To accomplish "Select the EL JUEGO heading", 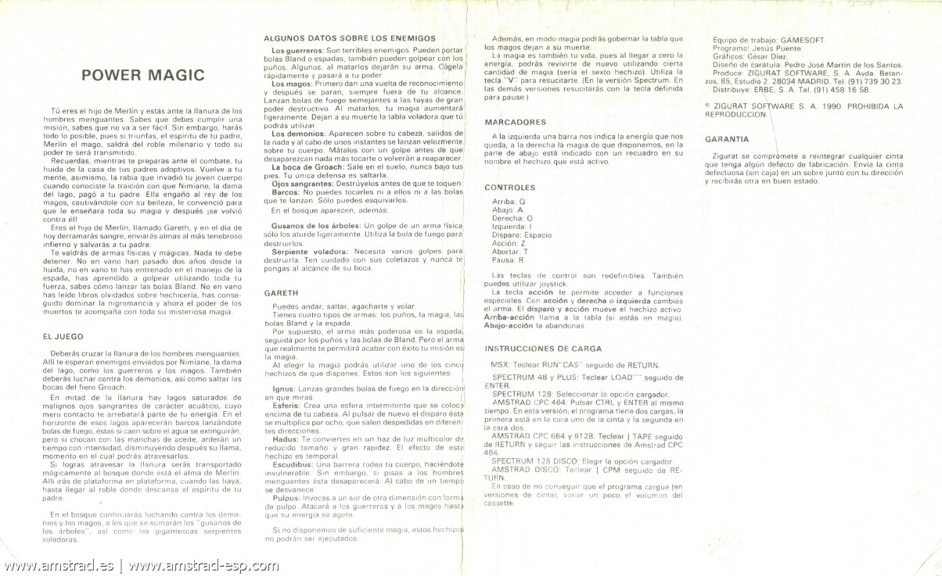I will point(63,336).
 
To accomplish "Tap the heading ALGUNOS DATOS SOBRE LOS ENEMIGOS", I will point(349,38).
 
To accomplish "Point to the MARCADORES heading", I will point(515,122).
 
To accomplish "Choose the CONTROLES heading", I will point(510,188).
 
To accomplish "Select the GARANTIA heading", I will point(727,138).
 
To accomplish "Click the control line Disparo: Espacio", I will point(522,235).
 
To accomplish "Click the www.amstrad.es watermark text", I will point(59,566).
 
